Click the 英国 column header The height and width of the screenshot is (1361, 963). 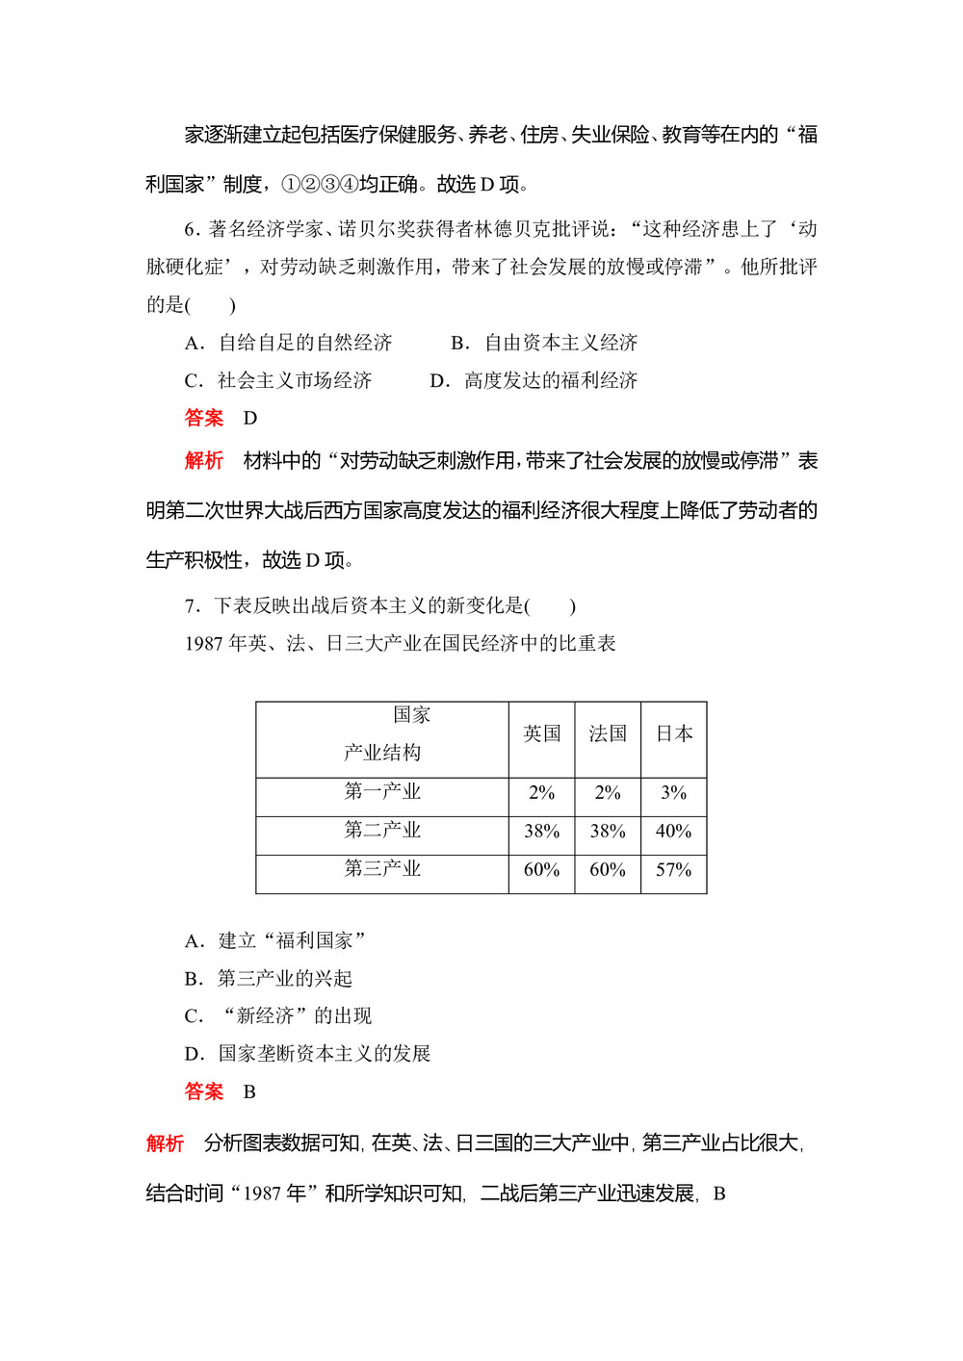[x=541, y=734]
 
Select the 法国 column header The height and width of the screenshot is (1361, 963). [x=608, y=734]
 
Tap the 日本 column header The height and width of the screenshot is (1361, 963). [x=674, y=734]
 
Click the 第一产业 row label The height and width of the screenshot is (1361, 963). [x=382, y=791]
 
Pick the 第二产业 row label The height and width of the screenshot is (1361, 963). [x=382, y=830]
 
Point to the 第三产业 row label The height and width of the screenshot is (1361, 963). [x=382, y=868]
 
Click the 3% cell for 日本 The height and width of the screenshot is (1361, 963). [x=674, y=793]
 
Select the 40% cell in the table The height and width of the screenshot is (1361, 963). [x=674, y=832]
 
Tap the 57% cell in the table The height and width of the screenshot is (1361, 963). [x=674, y=870]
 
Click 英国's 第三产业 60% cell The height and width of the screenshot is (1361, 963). [x=541, y=870]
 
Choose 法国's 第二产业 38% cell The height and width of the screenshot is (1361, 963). [x=608, y=832]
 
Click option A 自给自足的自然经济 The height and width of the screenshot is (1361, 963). [x=289, y=343]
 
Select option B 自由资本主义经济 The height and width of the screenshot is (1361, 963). [x=545, y=343]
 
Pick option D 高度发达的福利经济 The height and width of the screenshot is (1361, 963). [x=534, y=380]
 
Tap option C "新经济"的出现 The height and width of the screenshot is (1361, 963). [x=278, y=1016]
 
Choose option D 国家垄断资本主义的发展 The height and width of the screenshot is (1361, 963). [x=307, y=1054]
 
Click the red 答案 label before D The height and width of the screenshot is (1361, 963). [x=203, y=418]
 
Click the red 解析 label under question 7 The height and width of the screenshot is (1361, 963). [x=165, y=1143]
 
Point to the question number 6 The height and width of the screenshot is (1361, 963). [x=191, y=229]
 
